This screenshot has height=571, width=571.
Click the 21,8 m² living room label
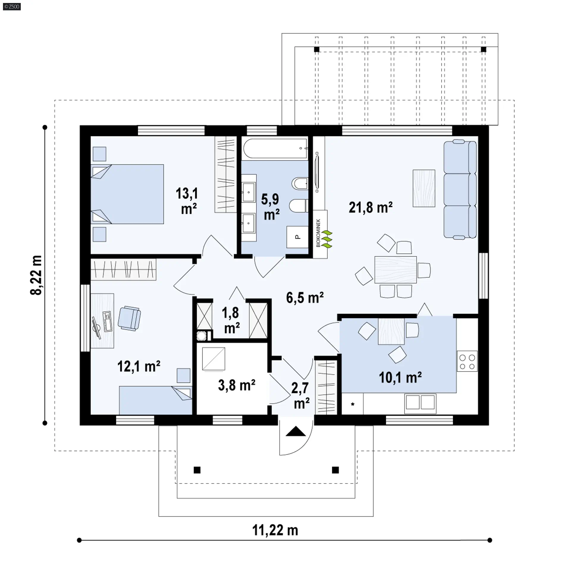click(371, 207)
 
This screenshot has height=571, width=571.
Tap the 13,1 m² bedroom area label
click(187, 201)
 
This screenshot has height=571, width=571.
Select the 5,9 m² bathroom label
click(271, 207)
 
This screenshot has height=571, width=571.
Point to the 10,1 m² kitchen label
click(400, 377)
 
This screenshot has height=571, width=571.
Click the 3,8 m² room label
click(237, 385)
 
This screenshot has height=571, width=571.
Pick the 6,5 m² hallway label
click(305, 297)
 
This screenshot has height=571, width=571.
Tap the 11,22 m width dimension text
click(275, 530)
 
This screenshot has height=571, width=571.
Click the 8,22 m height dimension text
click(36, 275)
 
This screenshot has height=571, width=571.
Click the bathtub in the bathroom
click(275, 148)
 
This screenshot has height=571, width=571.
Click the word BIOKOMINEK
click(318, 233)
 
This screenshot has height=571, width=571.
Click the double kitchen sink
click(420, 403)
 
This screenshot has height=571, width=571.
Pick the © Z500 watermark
click(12, 6)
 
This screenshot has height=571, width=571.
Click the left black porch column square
click(197, 470)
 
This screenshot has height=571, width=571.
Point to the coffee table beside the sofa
click(424, 188)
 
